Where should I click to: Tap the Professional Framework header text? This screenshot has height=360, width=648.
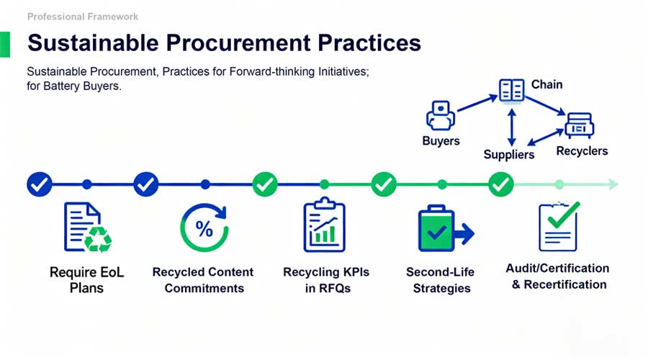click(83, 16)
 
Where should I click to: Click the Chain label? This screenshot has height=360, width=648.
click(546, 85)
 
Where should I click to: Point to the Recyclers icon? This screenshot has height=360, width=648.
click(578, 125)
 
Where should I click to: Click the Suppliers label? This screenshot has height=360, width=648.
click(509, 154)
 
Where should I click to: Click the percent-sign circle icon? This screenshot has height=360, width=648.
click(204, 228)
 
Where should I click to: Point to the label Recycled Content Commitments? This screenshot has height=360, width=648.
click(203, 280)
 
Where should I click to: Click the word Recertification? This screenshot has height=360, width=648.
click(567, 284)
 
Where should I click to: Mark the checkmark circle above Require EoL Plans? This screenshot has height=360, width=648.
click(39, 184)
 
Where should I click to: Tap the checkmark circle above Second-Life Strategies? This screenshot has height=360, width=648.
click(384, 184)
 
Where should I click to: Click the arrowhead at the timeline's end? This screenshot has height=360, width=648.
click(613, 184)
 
